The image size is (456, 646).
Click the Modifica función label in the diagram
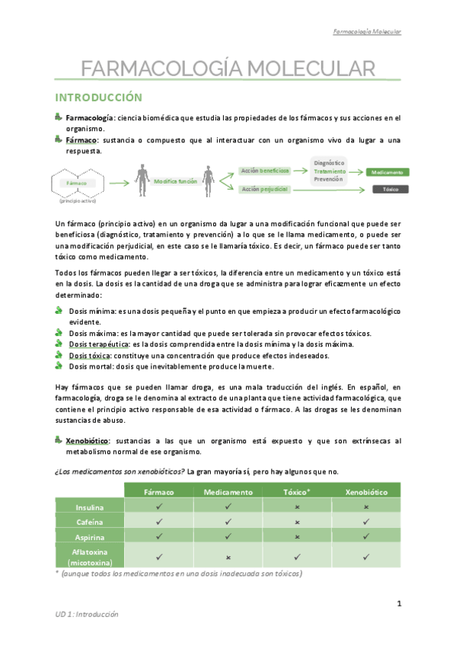[177, 181]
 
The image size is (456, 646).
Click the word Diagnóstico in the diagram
[330, 162]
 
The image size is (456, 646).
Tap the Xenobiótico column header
[367, 491]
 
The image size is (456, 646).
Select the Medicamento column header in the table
[228, 491]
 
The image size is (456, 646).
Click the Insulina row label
[89, 507]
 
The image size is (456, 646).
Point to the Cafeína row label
[89, 522]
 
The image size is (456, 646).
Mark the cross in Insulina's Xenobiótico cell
[367, 507]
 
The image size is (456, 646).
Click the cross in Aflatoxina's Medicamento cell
[228, 557]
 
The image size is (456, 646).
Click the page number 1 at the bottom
[399, 604]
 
